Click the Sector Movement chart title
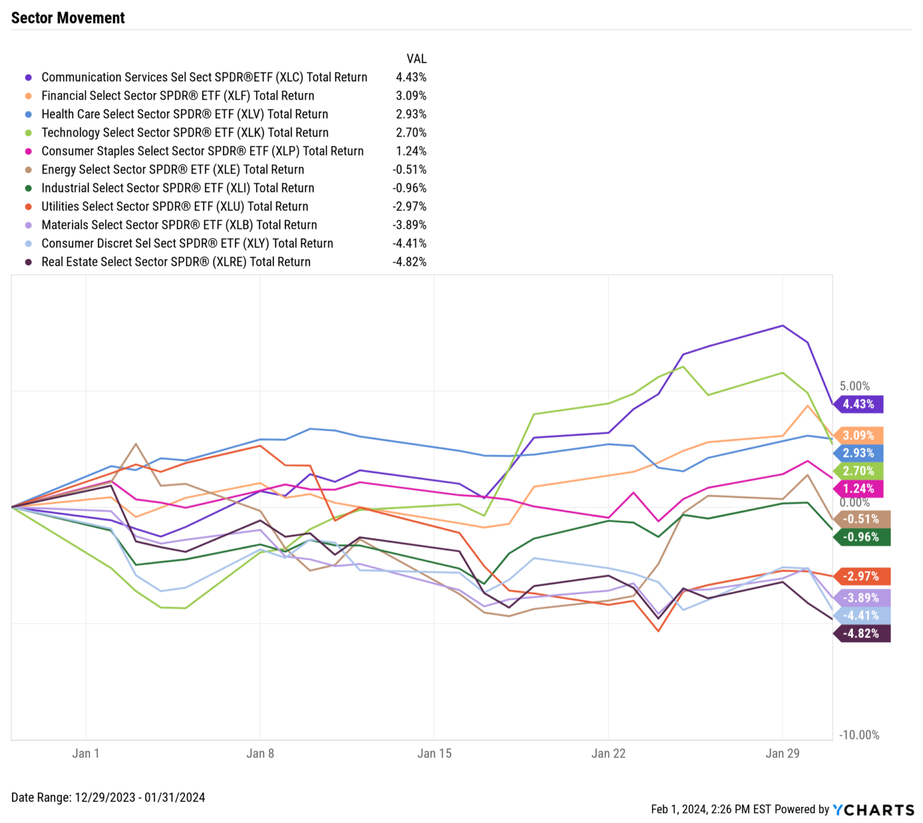point(68,18)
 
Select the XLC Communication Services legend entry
point(204,77)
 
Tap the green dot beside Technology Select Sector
point(28,133)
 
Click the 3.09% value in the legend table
point(411,96)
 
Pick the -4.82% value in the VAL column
point(409,262)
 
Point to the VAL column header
point(416,59)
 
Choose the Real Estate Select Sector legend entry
point(175,262)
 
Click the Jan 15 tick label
point(434,753)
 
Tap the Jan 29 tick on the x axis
point(782,753)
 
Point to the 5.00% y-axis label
point(854,386)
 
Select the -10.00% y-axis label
point(859,735)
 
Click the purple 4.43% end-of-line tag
point(859,405)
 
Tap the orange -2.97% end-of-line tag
point(861,577)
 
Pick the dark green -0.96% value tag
point(861,537)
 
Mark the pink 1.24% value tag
point(859,489)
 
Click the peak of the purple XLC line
point(782,326)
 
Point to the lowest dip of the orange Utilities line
point(659,631)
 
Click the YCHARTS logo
point(873,810)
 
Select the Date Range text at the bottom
point(108,798)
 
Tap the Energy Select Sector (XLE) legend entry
point(172,170)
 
